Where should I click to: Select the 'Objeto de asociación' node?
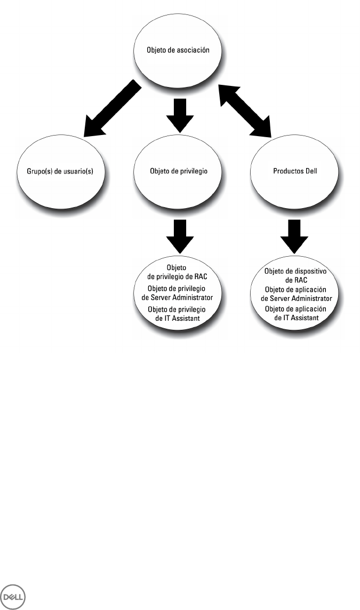tap(178, 50)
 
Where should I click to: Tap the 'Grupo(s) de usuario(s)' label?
tap(60, 171)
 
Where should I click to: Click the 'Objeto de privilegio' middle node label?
tap(179, 171)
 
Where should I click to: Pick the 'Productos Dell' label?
tap(295, 171)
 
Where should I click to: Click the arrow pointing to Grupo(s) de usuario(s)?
tap(112, 109)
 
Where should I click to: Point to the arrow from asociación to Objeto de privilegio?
tap(180, 115)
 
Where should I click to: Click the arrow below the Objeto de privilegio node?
tap(180, 236)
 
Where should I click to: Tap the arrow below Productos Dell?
tap(294, 236)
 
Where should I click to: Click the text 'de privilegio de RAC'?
tap(177, 276)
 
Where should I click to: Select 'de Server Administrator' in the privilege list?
tap(177, 298)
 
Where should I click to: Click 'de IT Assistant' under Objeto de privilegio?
tap(177, 318)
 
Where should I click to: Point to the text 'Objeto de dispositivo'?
tap(295, 271)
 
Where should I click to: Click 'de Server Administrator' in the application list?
tap(296, 298)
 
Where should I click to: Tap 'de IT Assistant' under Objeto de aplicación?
tap(296, 318)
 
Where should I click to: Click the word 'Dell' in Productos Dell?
tap(310, 171)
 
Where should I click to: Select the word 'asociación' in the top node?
tap(193, 50)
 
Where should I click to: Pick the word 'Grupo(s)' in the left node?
tap(39, 171)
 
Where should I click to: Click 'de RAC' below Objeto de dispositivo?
tap(296, 280)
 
